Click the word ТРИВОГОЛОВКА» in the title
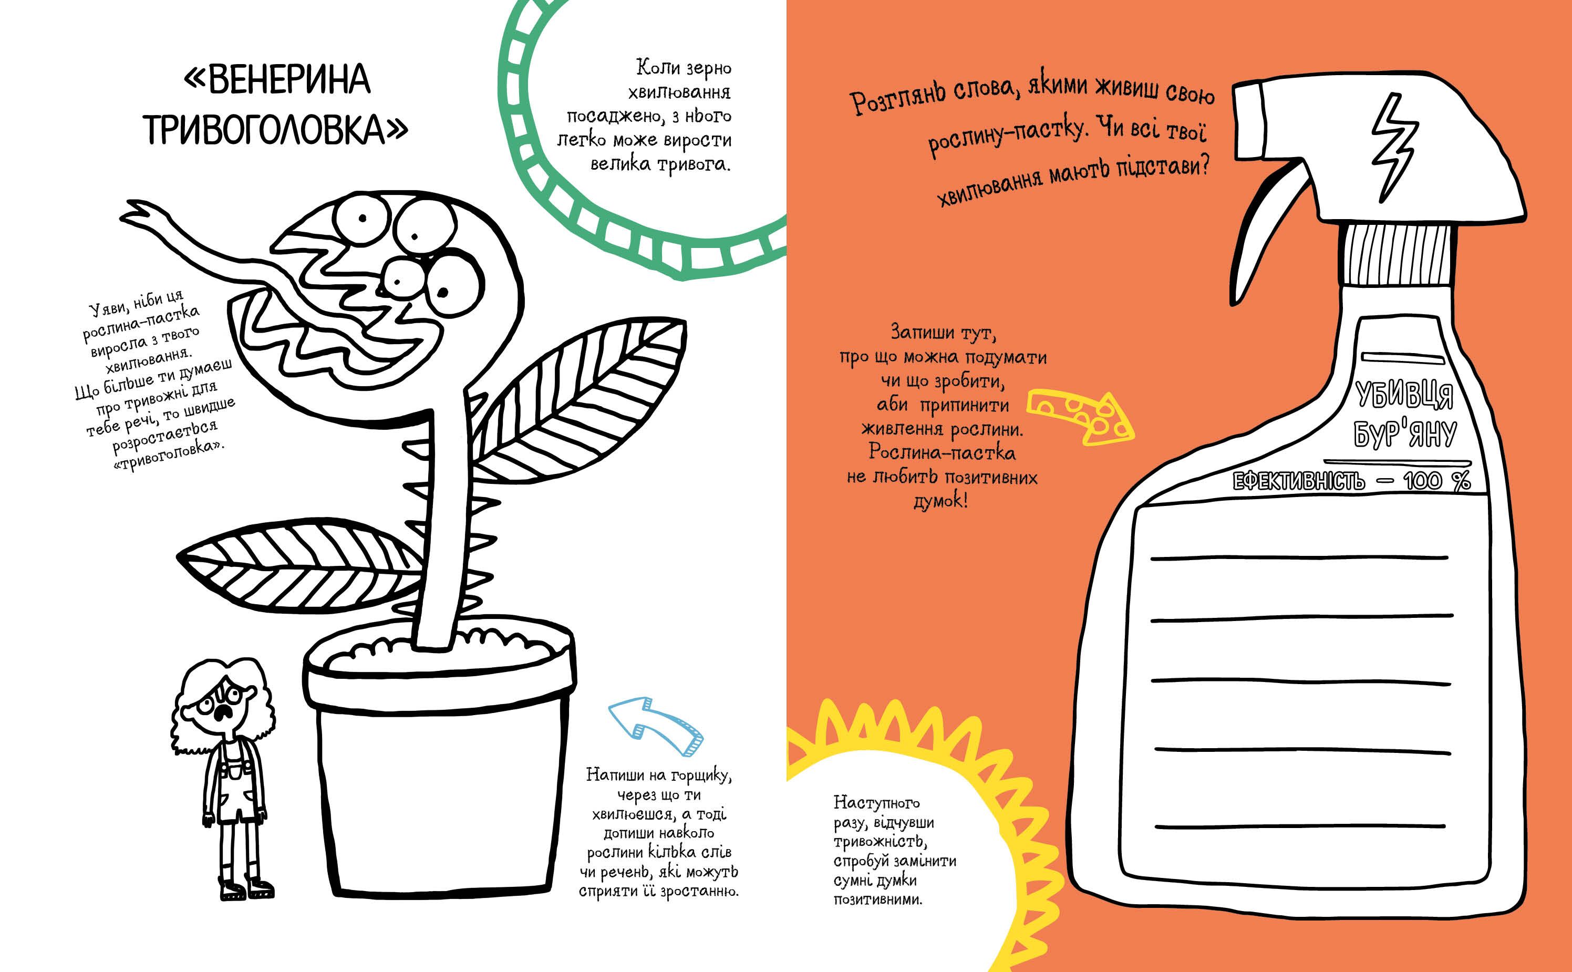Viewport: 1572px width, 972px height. (275, 130)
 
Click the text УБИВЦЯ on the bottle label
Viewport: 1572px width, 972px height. (1405, 394)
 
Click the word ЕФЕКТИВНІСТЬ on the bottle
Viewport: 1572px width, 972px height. (1298, 481)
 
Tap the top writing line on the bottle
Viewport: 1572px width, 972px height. (1298, 558)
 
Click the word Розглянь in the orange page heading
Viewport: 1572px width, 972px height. (900, 97)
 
